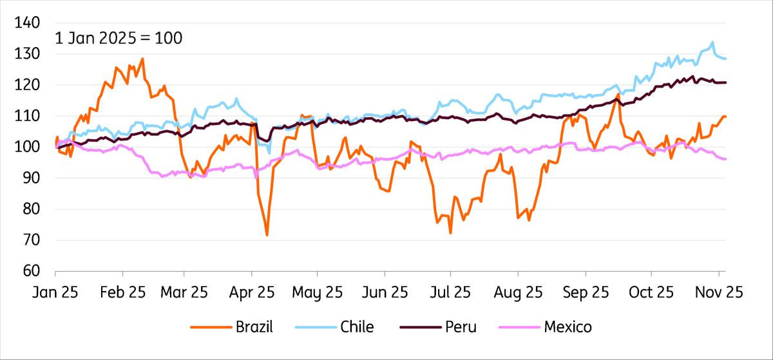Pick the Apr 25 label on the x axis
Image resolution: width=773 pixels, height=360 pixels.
252,292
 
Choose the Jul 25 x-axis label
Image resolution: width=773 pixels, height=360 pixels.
450,292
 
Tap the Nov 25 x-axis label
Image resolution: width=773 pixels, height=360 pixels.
718,292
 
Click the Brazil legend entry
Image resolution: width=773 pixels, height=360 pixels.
253,327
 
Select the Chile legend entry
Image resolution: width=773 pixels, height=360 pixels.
357,327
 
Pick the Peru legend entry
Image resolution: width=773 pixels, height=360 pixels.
461,327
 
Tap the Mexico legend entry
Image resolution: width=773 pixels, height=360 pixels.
568,327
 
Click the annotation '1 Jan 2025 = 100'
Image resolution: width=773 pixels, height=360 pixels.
119,38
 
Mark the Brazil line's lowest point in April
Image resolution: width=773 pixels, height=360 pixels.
267,235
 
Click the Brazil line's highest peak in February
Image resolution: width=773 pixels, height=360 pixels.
142,59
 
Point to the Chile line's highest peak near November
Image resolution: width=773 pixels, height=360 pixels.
712,43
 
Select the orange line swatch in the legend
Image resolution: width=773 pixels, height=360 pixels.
210,327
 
